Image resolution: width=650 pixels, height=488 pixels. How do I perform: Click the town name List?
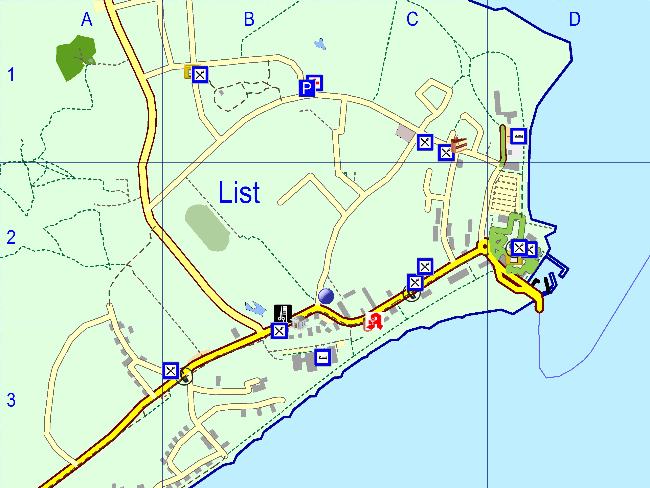point(239,193)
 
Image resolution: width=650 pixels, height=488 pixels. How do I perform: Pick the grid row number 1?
point(11,75)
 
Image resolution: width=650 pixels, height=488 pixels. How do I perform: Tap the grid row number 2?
point(11,237)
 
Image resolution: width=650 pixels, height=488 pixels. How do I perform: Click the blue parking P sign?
point(307,88)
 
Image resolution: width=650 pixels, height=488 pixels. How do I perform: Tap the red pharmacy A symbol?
point(374,321)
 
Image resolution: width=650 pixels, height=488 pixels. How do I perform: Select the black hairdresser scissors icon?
point(283,313)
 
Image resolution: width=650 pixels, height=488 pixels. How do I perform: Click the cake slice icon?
point(458,144)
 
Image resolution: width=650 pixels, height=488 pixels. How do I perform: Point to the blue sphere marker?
point(326,296)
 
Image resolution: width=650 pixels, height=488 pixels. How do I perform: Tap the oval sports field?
point(207,228)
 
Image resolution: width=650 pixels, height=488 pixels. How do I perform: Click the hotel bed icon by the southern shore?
point(323,357)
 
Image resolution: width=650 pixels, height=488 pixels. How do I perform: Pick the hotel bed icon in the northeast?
point(518,136)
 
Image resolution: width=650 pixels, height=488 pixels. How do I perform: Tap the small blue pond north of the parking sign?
point(320,44)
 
